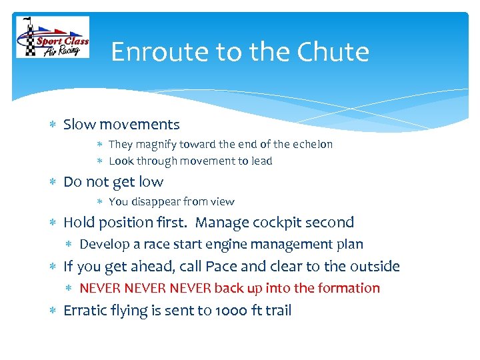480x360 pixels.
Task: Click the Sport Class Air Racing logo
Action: pos(52,39)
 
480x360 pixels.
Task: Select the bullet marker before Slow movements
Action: pos(53,125)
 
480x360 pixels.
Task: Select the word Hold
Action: pos(79,223)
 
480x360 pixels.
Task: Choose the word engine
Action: pos(218,245)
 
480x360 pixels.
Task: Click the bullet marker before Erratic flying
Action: pos(53,311)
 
